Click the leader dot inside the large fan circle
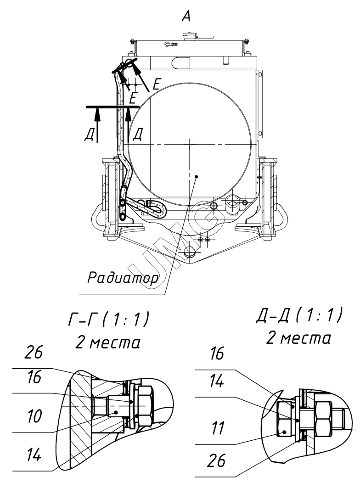point(196,176)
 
